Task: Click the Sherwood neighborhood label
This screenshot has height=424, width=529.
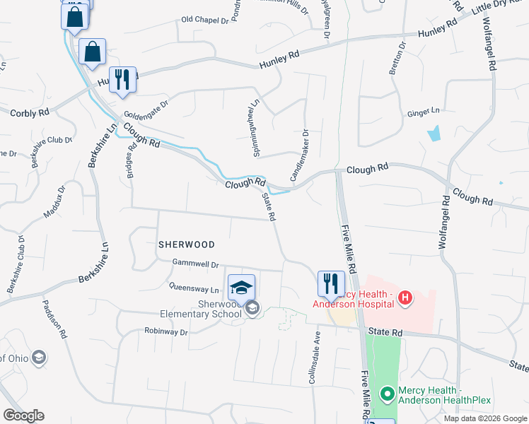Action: pos(186,245)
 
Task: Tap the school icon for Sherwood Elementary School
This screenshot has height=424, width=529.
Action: pos(240,287)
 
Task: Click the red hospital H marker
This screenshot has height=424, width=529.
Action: pos(405,298)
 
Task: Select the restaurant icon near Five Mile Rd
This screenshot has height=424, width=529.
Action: pos(331,284)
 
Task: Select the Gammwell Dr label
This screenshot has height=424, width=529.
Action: pos(195,264)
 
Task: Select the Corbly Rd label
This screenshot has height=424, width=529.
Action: pos(30,112)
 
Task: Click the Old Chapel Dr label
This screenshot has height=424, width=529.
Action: pos(206,20)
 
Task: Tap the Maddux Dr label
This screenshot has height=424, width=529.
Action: pos(52,202)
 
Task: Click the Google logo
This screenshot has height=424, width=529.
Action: pos(23,416)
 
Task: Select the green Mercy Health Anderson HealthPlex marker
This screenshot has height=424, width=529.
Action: pos(387,394)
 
